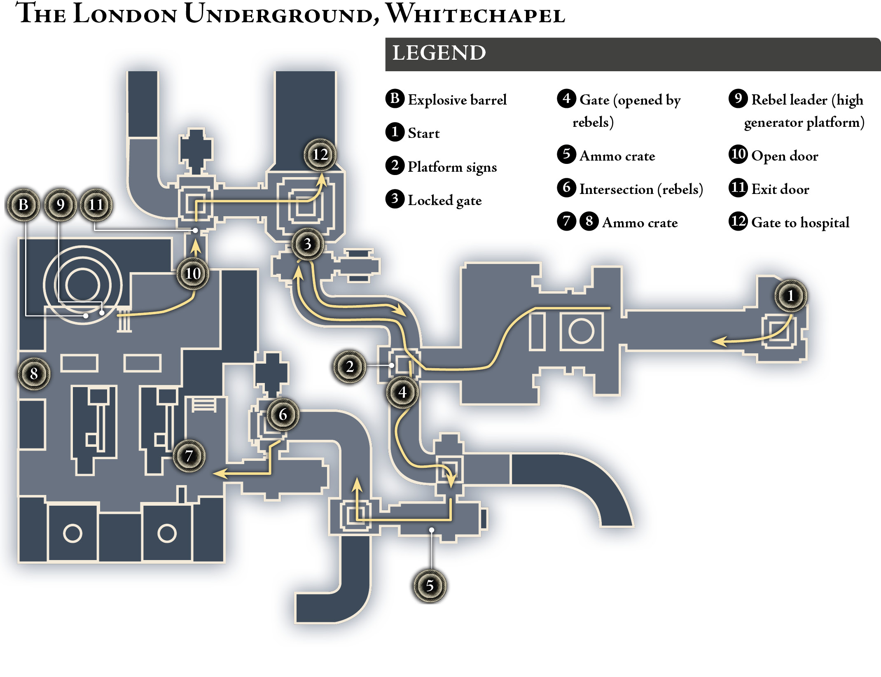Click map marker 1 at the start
point(790,296)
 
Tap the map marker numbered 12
point(320,155)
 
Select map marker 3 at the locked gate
point(307,244)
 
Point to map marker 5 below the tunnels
point(430,586)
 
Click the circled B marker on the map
point(23,205)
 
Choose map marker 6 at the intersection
point(283,414)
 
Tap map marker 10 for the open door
point(193,273)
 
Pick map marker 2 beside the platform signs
point(350,367)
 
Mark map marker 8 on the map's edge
point(34,374)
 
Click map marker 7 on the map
point(189,456)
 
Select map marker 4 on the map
point(402,392)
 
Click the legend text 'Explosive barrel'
point(457,100)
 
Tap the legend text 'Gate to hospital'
point(800,223)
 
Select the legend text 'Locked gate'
point(445,201)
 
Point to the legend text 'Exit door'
point(780,189)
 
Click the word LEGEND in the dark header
point(439,53)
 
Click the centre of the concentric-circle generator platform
point(83,285)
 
